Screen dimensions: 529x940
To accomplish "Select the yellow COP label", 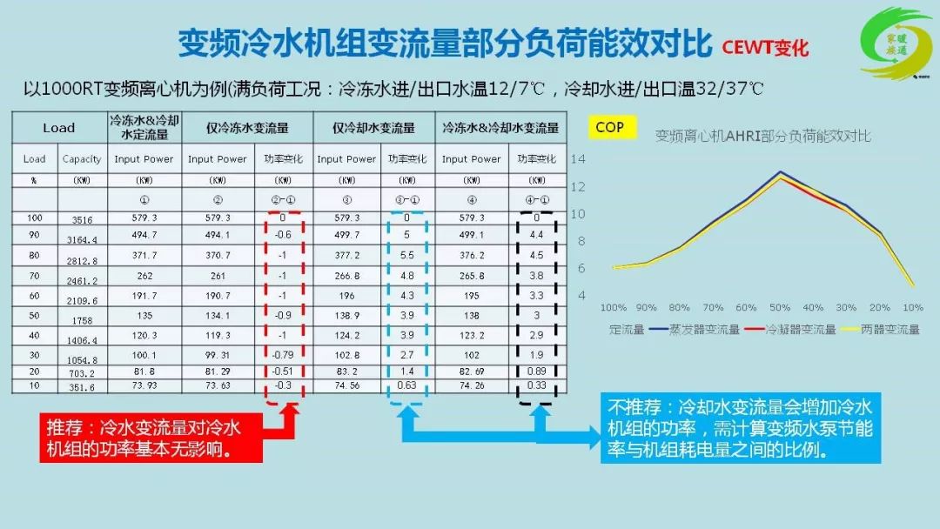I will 610,128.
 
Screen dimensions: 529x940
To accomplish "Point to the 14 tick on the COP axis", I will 578,159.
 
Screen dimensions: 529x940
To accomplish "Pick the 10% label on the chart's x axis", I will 912,307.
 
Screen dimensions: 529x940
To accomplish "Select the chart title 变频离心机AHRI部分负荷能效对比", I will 762,137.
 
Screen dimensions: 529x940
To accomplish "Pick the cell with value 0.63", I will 406,386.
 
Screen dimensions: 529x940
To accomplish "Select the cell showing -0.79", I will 281,354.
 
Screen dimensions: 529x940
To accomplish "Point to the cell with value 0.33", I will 536,386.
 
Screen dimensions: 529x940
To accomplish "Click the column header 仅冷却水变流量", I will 373,128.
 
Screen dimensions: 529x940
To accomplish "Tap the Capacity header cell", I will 82,159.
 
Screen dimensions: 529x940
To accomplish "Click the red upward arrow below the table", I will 291,417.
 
